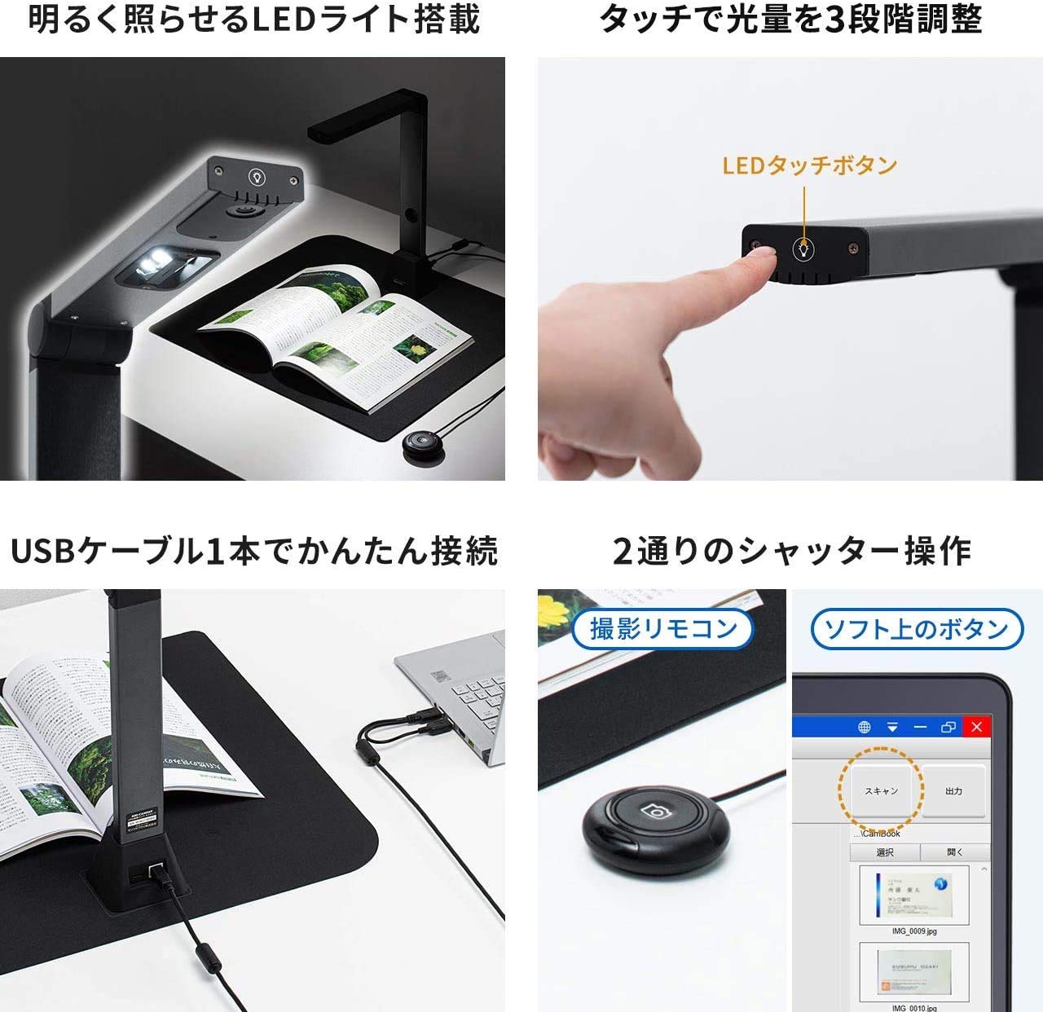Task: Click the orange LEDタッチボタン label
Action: [x=809, y=165]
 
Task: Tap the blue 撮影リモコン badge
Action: [x=663, y=629]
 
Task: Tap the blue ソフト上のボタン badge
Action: [x=917, y=629]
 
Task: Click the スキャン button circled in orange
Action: [x=881, y=791]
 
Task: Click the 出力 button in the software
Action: [x=953, y=791]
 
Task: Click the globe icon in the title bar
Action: [x=865, y=727]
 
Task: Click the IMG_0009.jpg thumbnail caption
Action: [x=914, y=931]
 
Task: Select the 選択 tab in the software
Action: [x=885, y=852]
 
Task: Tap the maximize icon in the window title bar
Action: [x=948, y=727]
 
